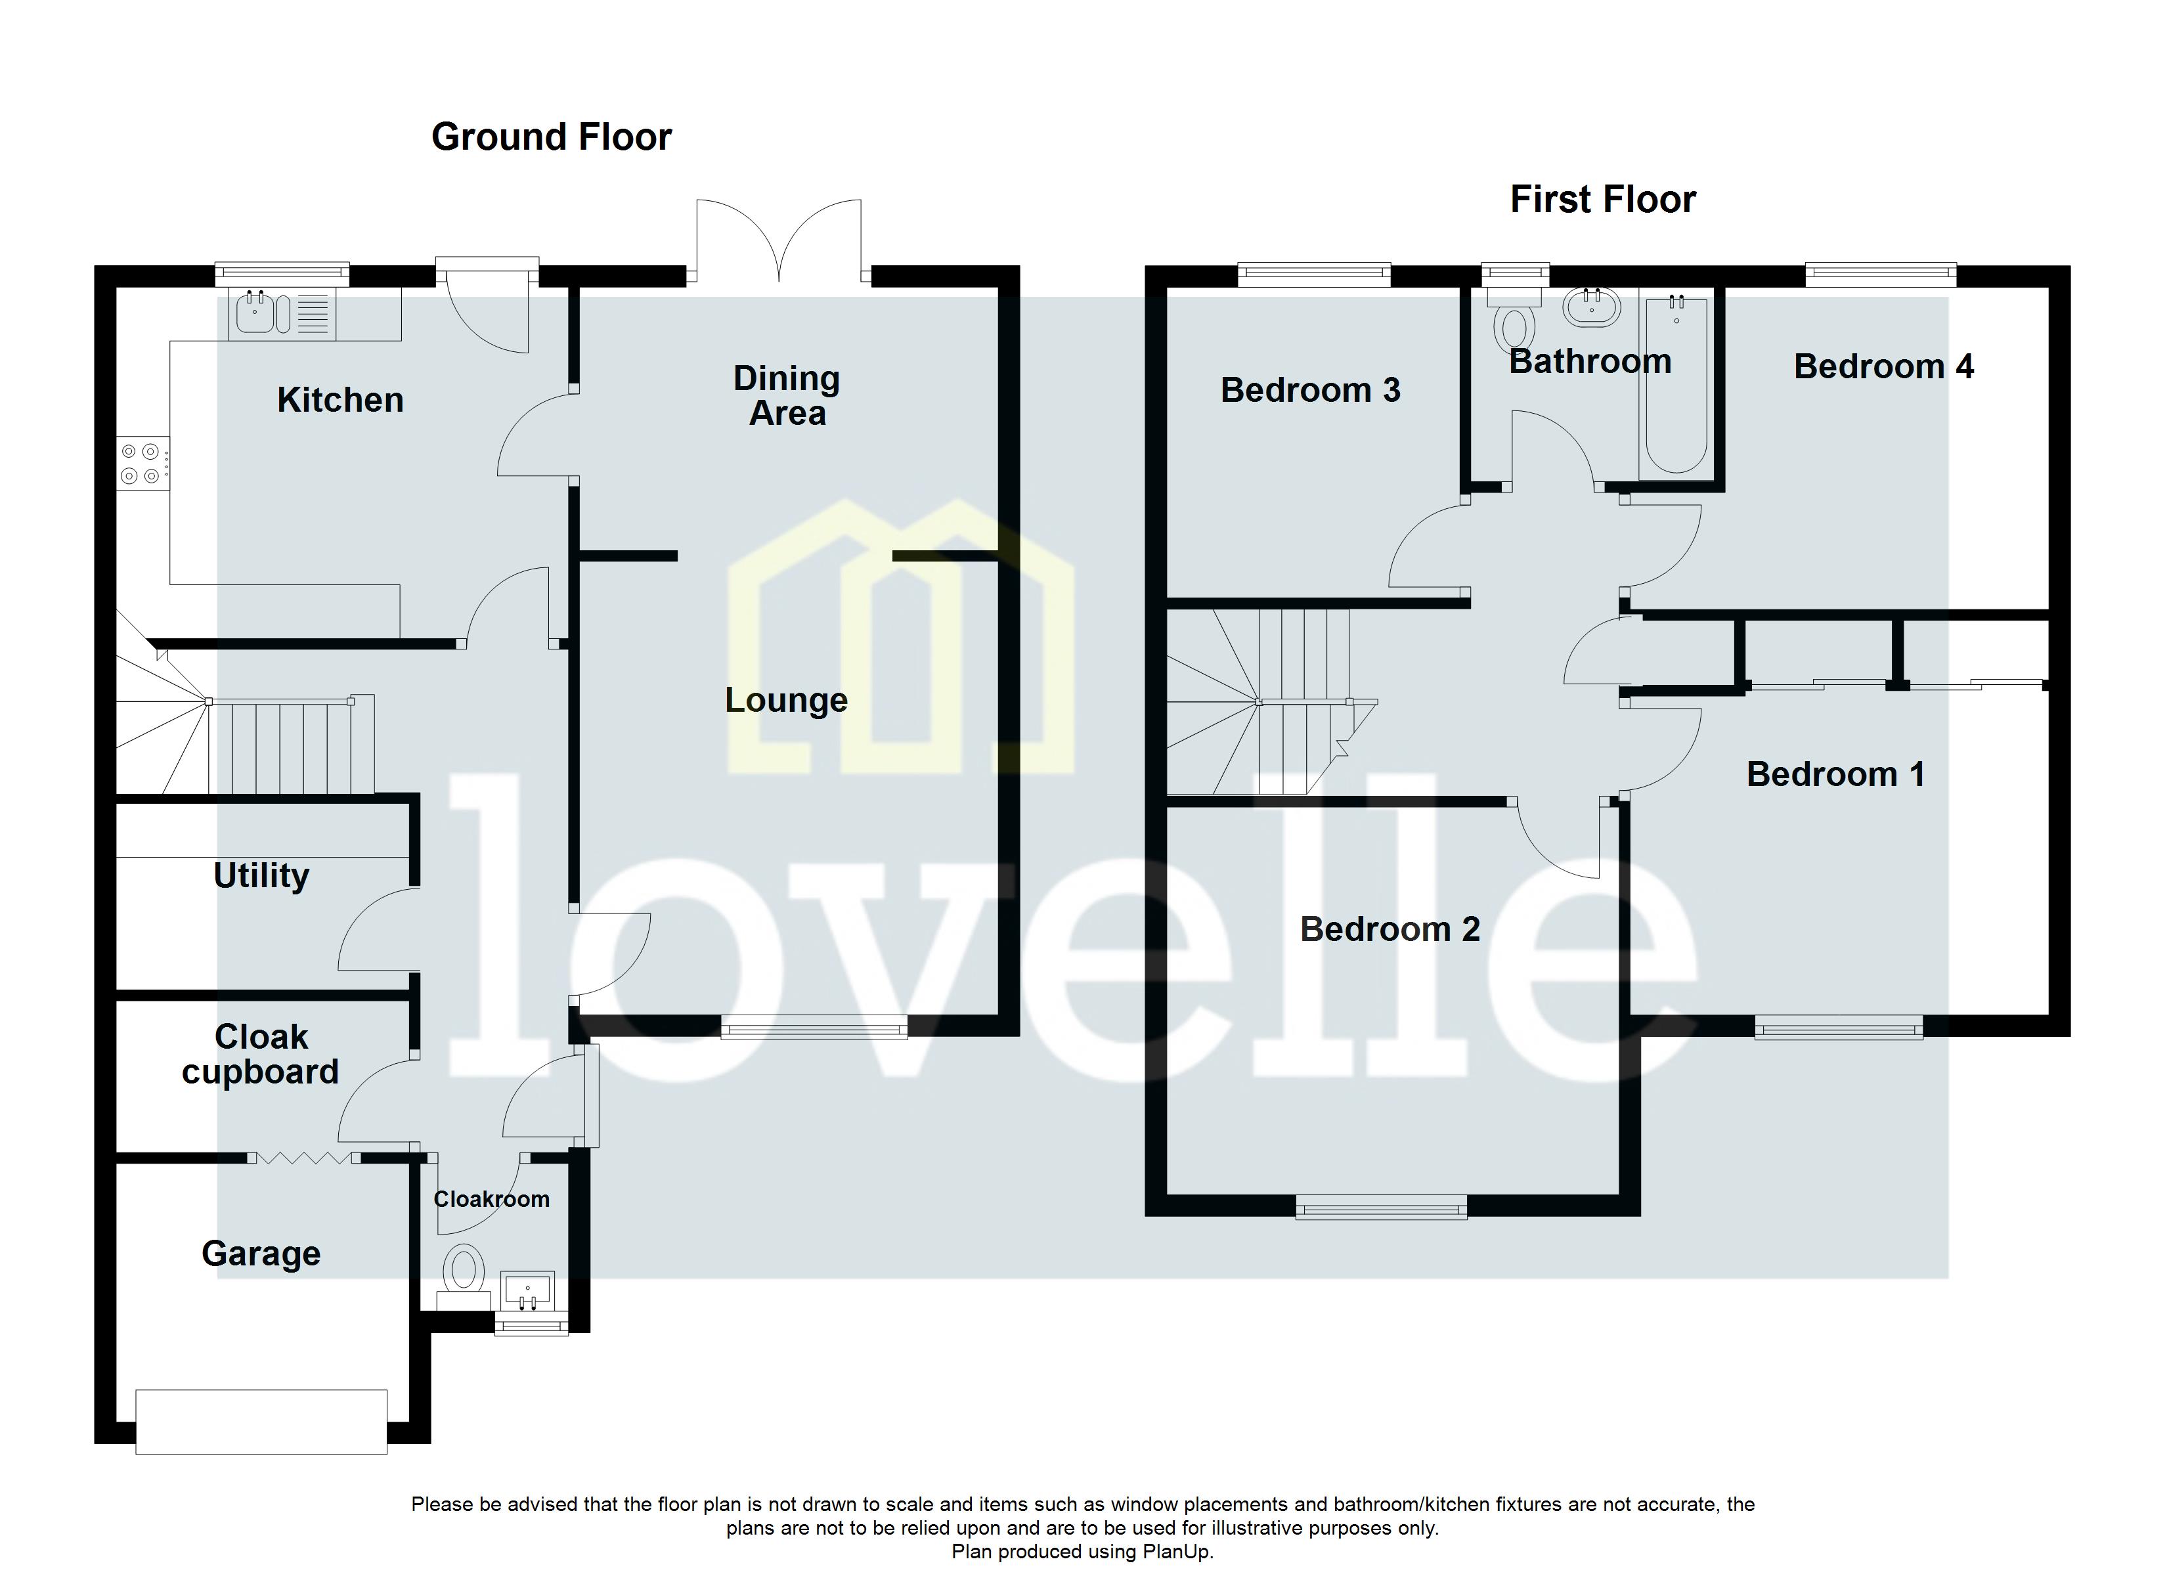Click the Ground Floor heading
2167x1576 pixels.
[x=552, y=137]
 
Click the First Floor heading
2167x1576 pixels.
[x=1602, y=200]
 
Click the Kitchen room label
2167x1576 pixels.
[x=340, y=399]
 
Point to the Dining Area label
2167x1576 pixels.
[x=786, y=396]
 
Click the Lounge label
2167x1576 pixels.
[x=785, y=699]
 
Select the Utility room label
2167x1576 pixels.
[x=261, y=875]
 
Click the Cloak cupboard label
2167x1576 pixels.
[x=261, y=1054]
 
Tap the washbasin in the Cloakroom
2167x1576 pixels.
[x=527, y=1290]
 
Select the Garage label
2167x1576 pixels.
[x=261, y=1253]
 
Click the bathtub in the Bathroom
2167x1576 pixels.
[x=1676, y=387]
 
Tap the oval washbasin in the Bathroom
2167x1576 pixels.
[x=1591, y=308]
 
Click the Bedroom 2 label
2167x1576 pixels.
[x=1390, y=929]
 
